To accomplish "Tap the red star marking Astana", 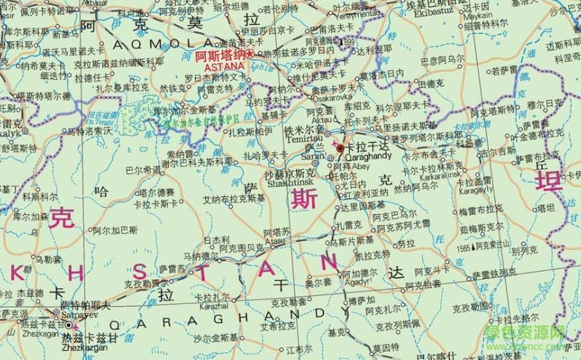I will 249,54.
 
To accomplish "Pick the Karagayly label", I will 476,190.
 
